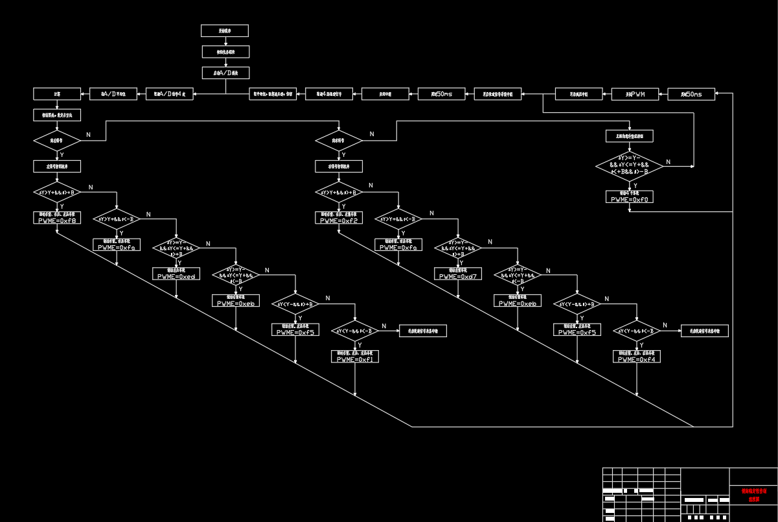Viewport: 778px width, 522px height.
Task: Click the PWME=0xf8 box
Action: point(57,218)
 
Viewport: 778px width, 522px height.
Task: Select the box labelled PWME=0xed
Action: point(176,274)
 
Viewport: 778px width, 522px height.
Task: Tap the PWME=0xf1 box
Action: point(355,356)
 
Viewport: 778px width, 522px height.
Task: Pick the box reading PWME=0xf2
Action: point(339,218)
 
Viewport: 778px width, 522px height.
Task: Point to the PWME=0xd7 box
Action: point(458,274)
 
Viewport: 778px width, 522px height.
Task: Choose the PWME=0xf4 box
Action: point(637,356)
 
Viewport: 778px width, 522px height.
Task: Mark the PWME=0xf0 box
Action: point(630,196)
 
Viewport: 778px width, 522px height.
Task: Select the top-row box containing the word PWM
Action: point(635,94)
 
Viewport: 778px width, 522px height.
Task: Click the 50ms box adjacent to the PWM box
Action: point(691,94)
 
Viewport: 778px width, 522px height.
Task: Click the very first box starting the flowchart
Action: point(225,30)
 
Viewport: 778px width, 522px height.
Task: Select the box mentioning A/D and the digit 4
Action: point(169,94)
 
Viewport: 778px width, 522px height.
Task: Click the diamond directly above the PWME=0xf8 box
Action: point(57,193)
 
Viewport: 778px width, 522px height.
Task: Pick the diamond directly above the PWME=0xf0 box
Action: point(630,166)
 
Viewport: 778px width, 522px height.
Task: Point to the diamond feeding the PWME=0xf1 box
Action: point(355,331)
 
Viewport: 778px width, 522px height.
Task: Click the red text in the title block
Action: point(753,495)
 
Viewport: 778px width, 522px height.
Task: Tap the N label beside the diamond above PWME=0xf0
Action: point(669,162)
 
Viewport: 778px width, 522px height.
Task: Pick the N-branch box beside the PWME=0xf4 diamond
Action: point(705,331)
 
